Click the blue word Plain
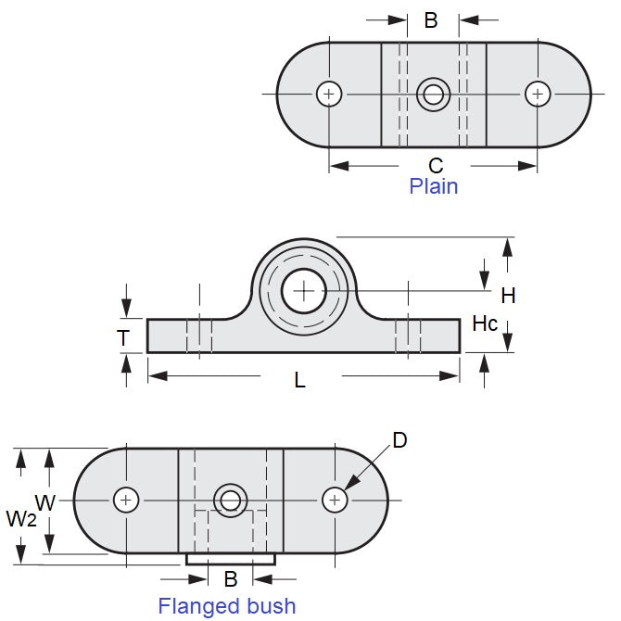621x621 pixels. click(434, 186)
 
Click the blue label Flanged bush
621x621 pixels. click(227, 606)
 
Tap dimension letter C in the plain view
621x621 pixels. click(436, 166)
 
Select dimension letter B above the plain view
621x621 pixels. click(431, 20)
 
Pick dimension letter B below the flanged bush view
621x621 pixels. click(231, 579)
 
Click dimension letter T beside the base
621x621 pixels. click(123, 338)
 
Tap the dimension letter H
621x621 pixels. click(508, 296)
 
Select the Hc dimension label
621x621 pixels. click(485, 323)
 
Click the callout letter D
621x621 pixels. click(399, 440)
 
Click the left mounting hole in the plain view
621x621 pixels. click(329, 94)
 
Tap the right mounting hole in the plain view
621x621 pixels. click(538, 94)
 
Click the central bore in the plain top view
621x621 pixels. click(433, 94)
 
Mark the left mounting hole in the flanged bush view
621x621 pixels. click(126, 500)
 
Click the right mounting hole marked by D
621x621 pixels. click(335, 500)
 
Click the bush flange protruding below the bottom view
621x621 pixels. click(231, 559)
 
